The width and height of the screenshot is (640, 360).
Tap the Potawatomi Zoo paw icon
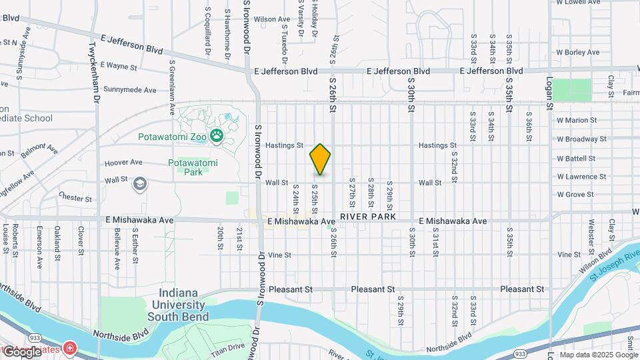(x=217, y=137)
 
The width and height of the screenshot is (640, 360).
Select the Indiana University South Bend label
(x=183, y=305)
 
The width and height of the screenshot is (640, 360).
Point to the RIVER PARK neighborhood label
(x=367, y=217)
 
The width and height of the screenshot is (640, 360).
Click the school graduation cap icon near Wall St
(x=140, y=184)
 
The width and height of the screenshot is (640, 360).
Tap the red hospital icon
(x=69, y=349)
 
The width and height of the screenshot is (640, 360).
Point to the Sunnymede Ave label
(x=130, y=89)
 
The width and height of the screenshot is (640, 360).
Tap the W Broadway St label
(x=581, y=139)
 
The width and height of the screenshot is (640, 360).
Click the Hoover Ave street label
(x=123, y=162)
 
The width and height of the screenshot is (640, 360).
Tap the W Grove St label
(x=575, y=195)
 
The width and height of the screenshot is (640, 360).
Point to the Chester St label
(x=73, y=197)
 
